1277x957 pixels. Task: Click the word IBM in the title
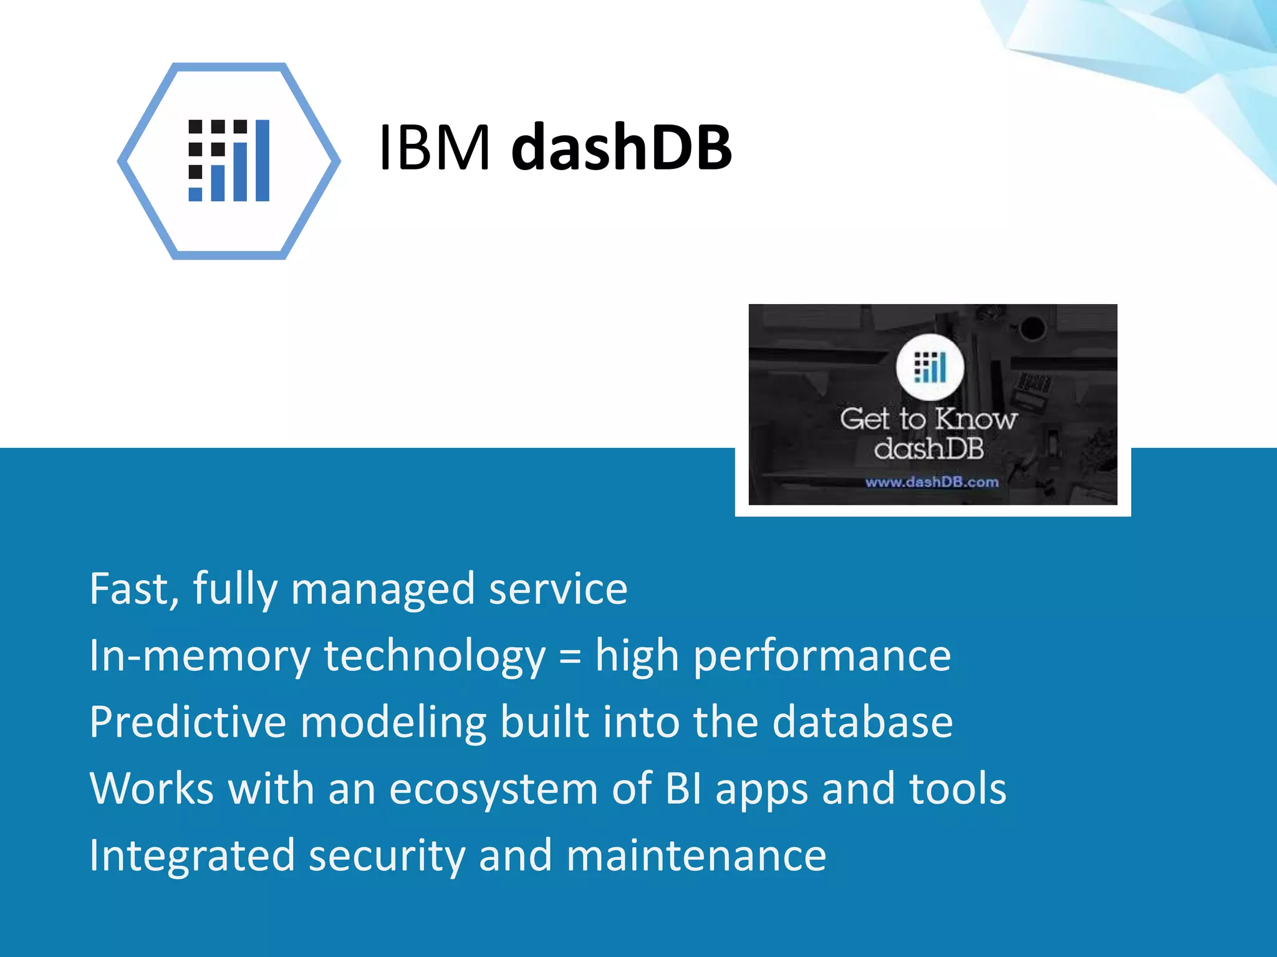point(434,148)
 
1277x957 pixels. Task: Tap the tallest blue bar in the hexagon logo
point(263,161)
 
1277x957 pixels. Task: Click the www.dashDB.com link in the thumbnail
point(932,482)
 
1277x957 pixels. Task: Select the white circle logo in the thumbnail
point(930,367)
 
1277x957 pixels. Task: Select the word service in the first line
point(558,588)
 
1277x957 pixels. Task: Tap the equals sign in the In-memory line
point(570,656)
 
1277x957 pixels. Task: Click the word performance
point(822,656)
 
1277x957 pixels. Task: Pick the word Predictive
point(188,722)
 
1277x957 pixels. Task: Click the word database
point(862,722)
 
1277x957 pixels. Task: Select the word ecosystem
point(493,789)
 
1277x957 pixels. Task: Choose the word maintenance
point(696,855)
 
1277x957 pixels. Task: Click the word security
point(387,855)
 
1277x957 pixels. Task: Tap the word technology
point(435,656)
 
